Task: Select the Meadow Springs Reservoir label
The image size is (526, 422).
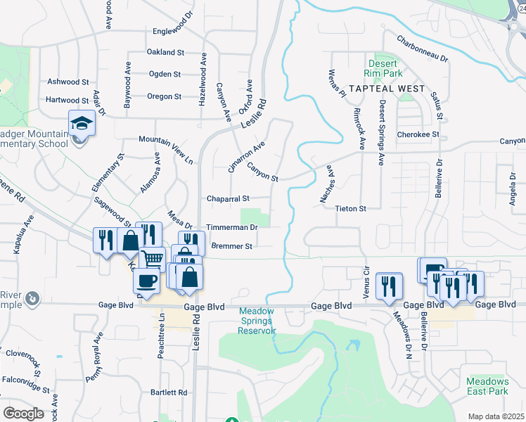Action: point(257,321)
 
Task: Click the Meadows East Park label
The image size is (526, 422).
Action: point(487,386)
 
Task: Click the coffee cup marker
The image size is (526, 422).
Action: point(147,280)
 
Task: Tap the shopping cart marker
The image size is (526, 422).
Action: point(153,258)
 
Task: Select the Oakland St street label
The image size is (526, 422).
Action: point(165,53)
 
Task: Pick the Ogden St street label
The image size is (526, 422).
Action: point(165,75)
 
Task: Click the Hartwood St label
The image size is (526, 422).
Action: point(68,101)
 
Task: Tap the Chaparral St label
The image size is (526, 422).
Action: point(228,199)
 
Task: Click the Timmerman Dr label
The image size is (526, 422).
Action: point(232,228)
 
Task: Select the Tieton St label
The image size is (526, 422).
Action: point(351,209)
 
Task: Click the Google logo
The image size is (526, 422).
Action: point(23,414)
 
